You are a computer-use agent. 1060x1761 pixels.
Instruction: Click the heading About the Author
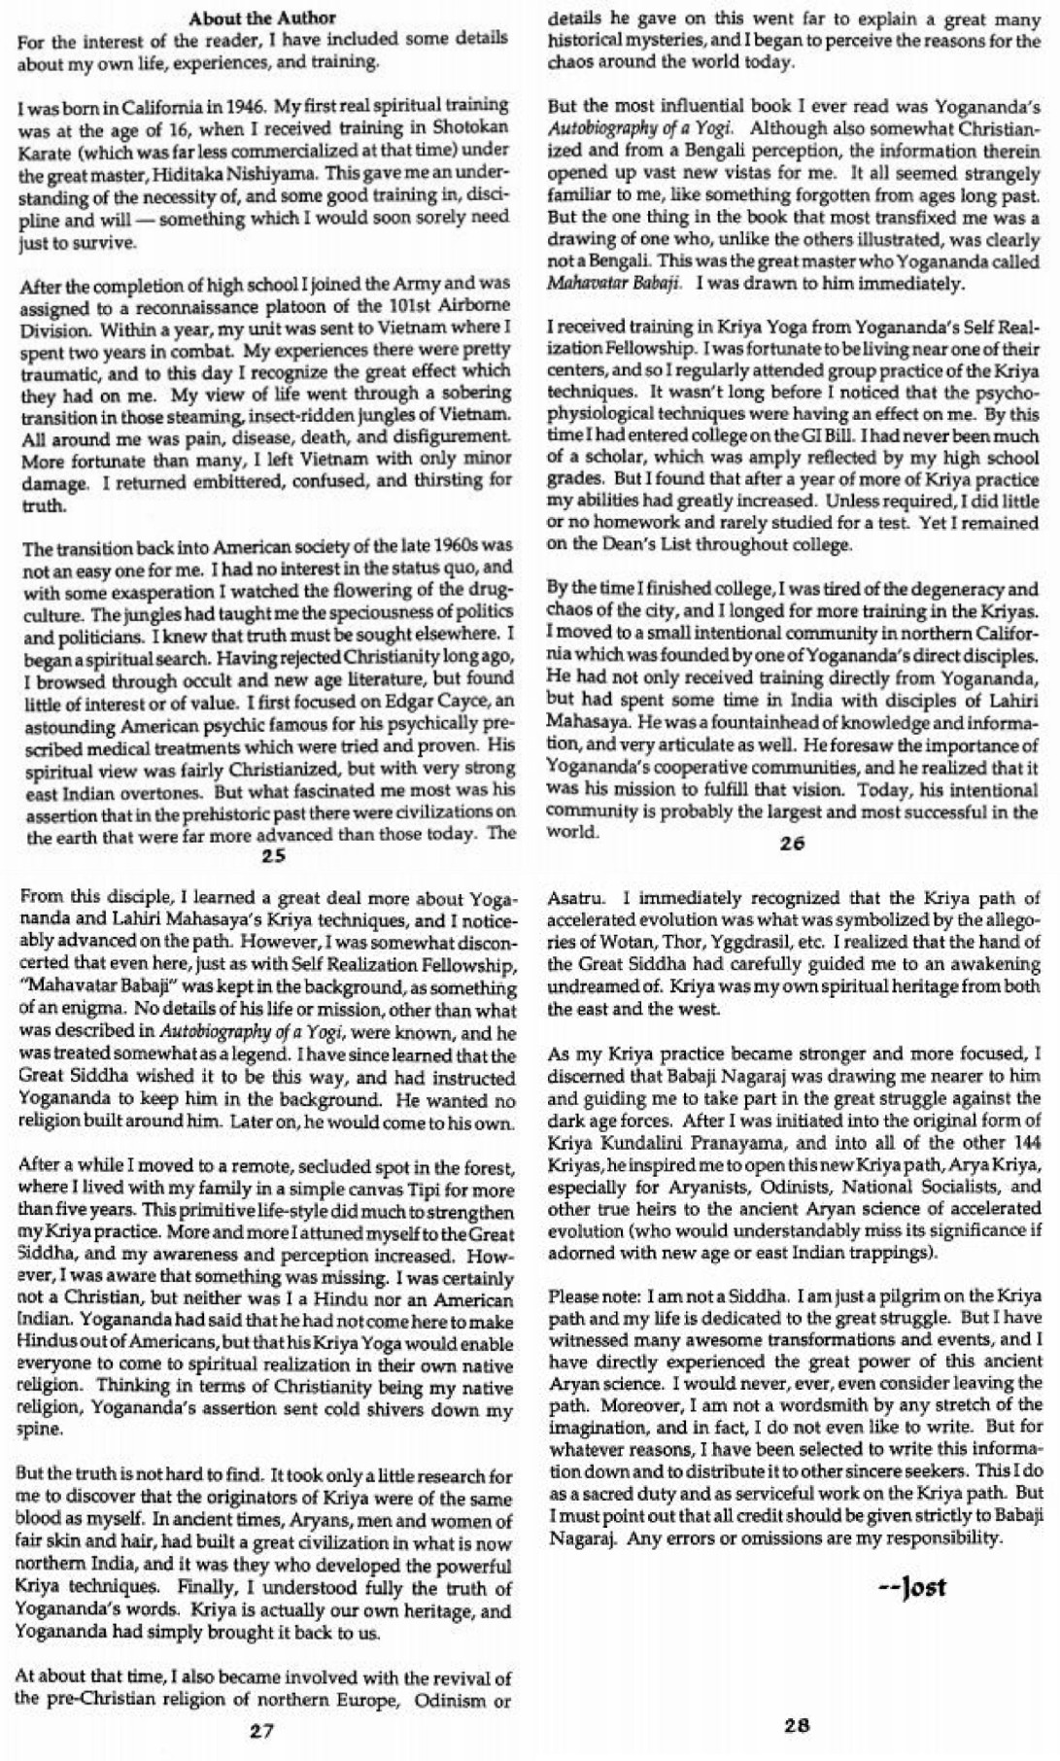262,17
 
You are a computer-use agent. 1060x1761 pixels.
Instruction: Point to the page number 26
792,844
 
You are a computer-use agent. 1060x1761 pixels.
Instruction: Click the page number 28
796,1726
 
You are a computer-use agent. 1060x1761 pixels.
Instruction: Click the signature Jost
911,1588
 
